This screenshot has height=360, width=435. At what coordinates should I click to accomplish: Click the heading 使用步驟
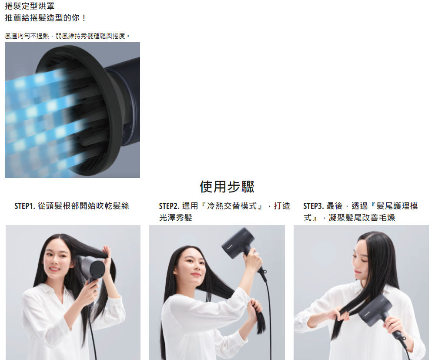click(x=227, y=186)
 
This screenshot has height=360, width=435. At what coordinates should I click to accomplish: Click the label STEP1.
click(x=25, y=206)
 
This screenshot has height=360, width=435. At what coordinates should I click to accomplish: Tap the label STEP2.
click(x=169, y=206)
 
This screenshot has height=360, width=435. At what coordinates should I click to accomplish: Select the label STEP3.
click(x=314, y=206)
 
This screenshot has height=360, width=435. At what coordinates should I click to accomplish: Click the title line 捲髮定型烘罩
click(x=30, y=6)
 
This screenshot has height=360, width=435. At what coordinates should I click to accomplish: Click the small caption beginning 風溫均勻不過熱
click(x=67, y=36)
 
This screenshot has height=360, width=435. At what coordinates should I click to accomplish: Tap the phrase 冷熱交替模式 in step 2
click(x=232, y=206)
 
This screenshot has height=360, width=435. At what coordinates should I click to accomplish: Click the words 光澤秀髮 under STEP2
click(x=176, y=218)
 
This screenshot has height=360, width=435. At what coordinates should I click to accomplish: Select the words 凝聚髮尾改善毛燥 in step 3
click(x=362, y=218)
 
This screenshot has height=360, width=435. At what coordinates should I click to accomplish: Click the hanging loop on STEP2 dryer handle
click(x=264, y=272)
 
